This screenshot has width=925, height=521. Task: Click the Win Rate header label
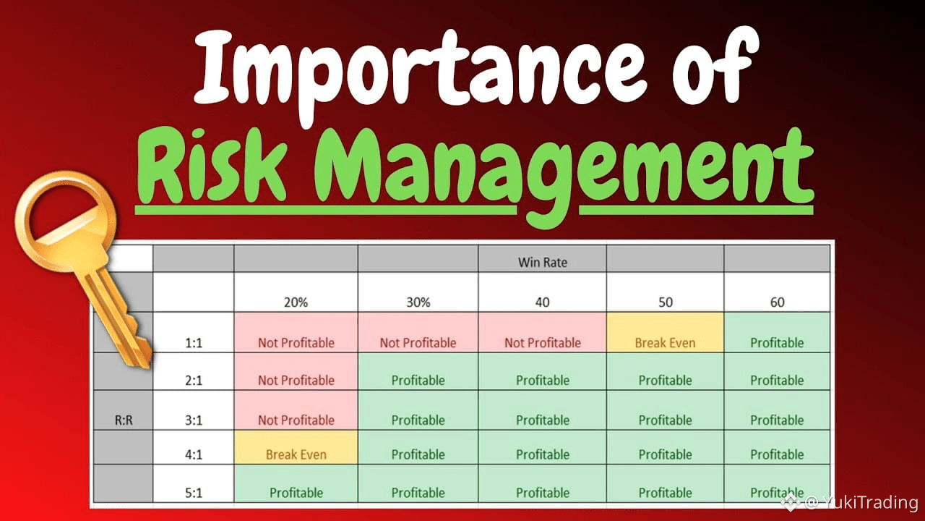pyautogui.click(x=542, y=262)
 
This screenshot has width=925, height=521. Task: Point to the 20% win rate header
pyautogui.click(x=296, y=302)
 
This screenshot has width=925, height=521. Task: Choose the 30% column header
pyautogui.click(x=418, y=302)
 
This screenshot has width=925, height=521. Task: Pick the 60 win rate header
pyautogui.click(x=777, y=302)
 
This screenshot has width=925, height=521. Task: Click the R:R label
pyautogui.click(x=124, y=420)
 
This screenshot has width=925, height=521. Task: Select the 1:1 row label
pyautogui.click(x=193, y=343)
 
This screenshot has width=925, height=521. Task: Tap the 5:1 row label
pyautogui.click(x=193, y=493)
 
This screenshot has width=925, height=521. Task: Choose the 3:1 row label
pyautogui.click(x=193, y=420)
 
